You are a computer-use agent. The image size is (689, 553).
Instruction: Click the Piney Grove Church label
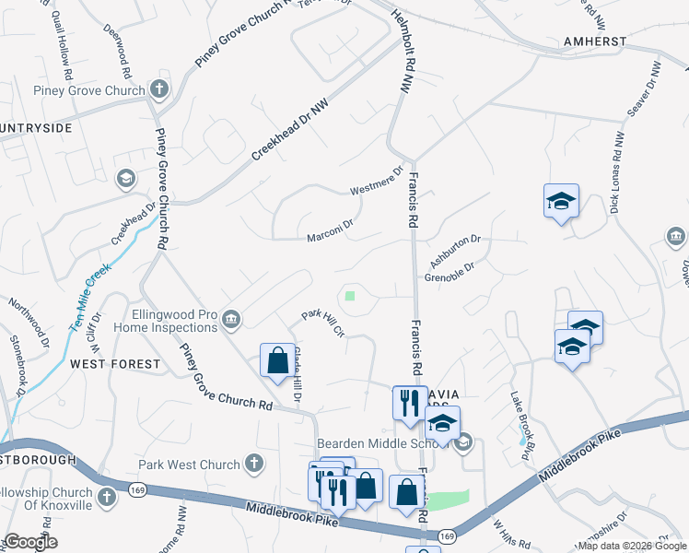pos(88,90)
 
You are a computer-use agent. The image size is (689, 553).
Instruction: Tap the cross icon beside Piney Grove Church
pos(159,90)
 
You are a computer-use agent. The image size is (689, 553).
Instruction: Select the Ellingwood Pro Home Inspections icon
pos(231,320)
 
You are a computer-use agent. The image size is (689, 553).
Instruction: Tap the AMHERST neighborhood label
pos(596,41)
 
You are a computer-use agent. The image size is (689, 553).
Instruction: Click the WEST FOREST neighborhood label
pos(116,364)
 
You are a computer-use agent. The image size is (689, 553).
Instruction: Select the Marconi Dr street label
pos(331,229)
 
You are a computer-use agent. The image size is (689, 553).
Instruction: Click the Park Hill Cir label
pos(323,324)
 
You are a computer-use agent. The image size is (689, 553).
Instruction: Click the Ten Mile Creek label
pos(89,297)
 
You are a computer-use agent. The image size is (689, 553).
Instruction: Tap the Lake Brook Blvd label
pos(522,417)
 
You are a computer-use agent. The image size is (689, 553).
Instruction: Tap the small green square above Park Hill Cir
pos(350,296)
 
